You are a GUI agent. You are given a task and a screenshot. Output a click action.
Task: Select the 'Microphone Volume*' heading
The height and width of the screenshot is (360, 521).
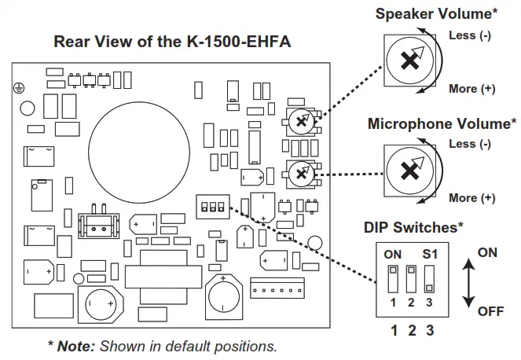442,123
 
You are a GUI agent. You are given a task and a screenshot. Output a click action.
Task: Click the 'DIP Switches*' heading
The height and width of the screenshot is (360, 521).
413,227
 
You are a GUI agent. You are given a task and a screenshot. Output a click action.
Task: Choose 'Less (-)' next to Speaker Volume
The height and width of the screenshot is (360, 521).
469,35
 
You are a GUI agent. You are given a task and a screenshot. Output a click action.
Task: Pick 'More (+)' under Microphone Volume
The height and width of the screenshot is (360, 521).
472,197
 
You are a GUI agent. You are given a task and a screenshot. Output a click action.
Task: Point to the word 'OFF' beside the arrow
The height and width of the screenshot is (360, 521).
490,311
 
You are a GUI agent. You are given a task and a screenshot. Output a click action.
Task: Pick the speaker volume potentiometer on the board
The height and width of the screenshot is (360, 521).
299,121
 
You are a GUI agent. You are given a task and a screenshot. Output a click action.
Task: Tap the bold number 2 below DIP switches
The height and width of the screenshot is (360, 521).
412,330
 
